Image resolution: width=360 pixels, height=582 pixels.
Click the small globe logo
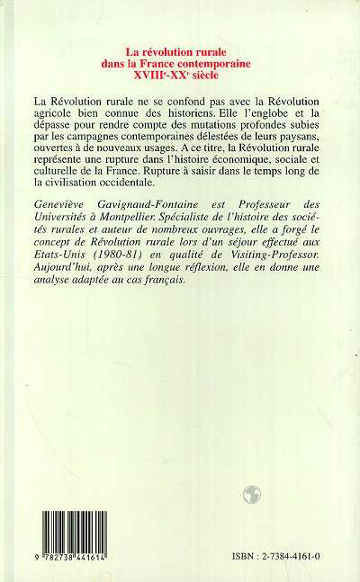[252, 492]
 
